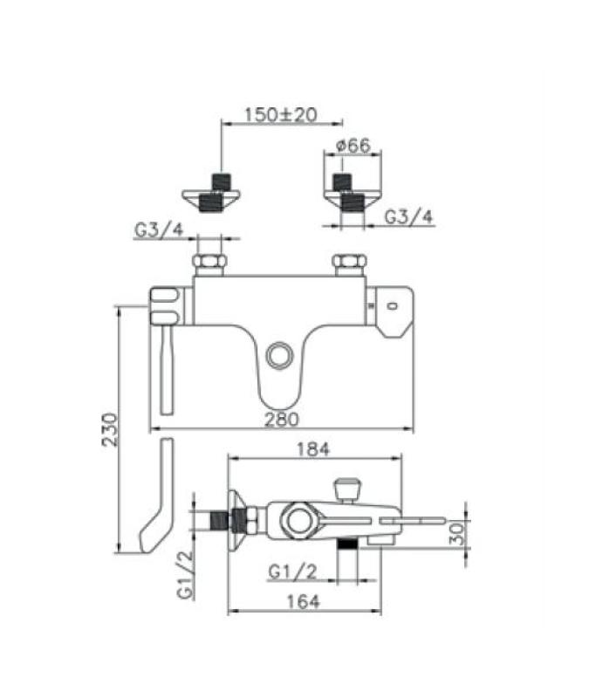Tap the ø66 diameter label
[x=353, y=146]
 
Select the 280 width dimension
[x=283, y=419]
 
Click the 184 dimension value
[x=313, y=449]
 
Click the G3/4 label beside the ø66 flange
[x=409, y=216]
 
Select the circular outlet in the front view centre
[x=280, y=355]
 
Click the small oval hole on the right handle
[x=391, y=305]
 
